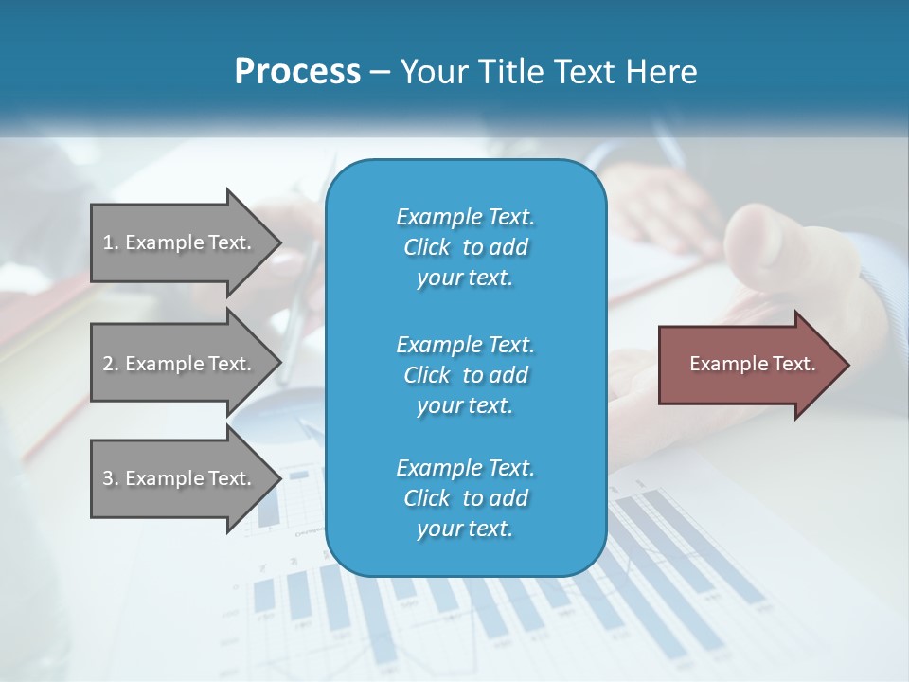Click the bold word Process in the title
(297, 72)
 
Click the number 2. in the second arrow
(111, 364)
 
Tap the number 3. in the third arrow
(111, 478)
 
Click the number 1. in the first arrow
(111, 242)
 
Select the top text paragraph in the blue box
(465, 247)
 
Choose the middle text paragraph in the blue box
(465, 374)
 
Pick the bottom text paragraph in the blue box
(465, 498)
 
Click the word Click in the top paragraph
(426, 247)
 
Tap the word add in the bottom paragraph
(509, 498)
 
